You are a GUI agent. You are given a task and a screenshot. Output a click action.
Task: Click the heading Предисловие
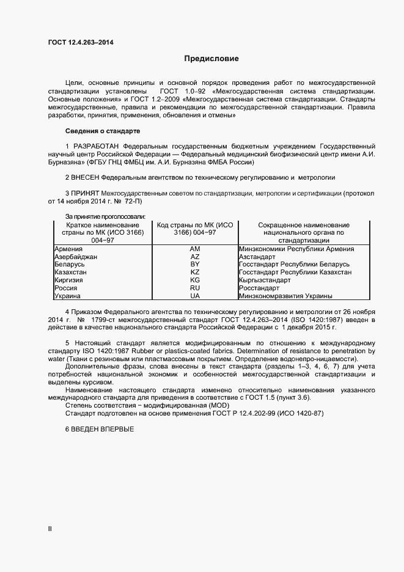click(x=211, y=59)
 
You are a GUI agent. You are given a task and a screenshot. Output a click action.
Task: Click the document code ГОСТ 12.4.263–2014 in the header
click(x=80, y=42)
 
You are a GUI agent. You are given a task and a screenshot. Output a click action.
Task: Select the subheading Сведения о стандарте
click(x=103, y=131)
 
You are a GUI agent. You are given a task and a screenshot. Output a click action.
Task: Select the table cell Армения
click(x=68, y=249)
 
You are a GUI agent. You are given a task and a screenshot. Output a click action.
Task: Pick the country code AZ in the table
click(x=195, y=257)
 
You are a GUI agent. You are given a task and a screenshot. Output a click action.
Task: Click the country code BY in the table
click(x=195, y=265)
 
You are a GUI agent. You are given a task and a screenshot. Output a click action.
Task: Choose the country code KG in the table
click(x=195, y=280)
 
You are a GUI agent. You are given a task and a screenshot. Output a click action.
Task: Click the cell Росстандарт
click(x=259, y=288)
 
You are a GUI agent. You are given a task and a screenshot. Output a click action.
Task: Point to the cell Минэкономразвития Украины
click(x=285, y=296)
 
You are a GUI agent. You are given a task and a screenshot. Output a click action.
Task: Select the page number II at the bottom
click(x=50, y=528)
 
